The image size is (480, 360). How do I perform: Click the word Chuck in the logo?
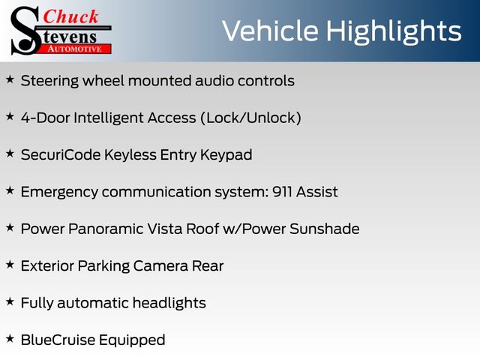(x=70, y=16)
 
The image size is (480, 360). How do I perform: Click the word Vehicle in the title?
(x=270, y=31)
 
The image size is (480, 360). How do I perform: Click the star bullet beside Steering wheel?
(x=10, y=79)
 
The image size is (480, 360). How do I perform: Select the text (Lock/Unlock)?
(x=250, y=118)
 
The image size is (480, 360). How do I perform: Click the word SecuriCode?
(x=61, y=154)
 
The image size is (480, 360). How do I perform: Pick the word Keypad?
(x=226, y=155)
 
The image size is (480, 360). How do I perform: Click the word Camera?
(x=160, y=265)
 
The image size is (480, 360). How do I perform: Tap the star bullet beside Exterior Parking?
(x=10, y=265)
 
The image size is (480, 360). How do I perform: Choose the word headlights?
(x=169, y=303)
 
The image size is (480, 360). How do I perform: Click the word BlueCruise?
(x=58, y=340)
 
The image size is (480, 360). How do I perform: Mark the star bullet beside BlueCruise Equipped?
(x=10, y=339)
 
